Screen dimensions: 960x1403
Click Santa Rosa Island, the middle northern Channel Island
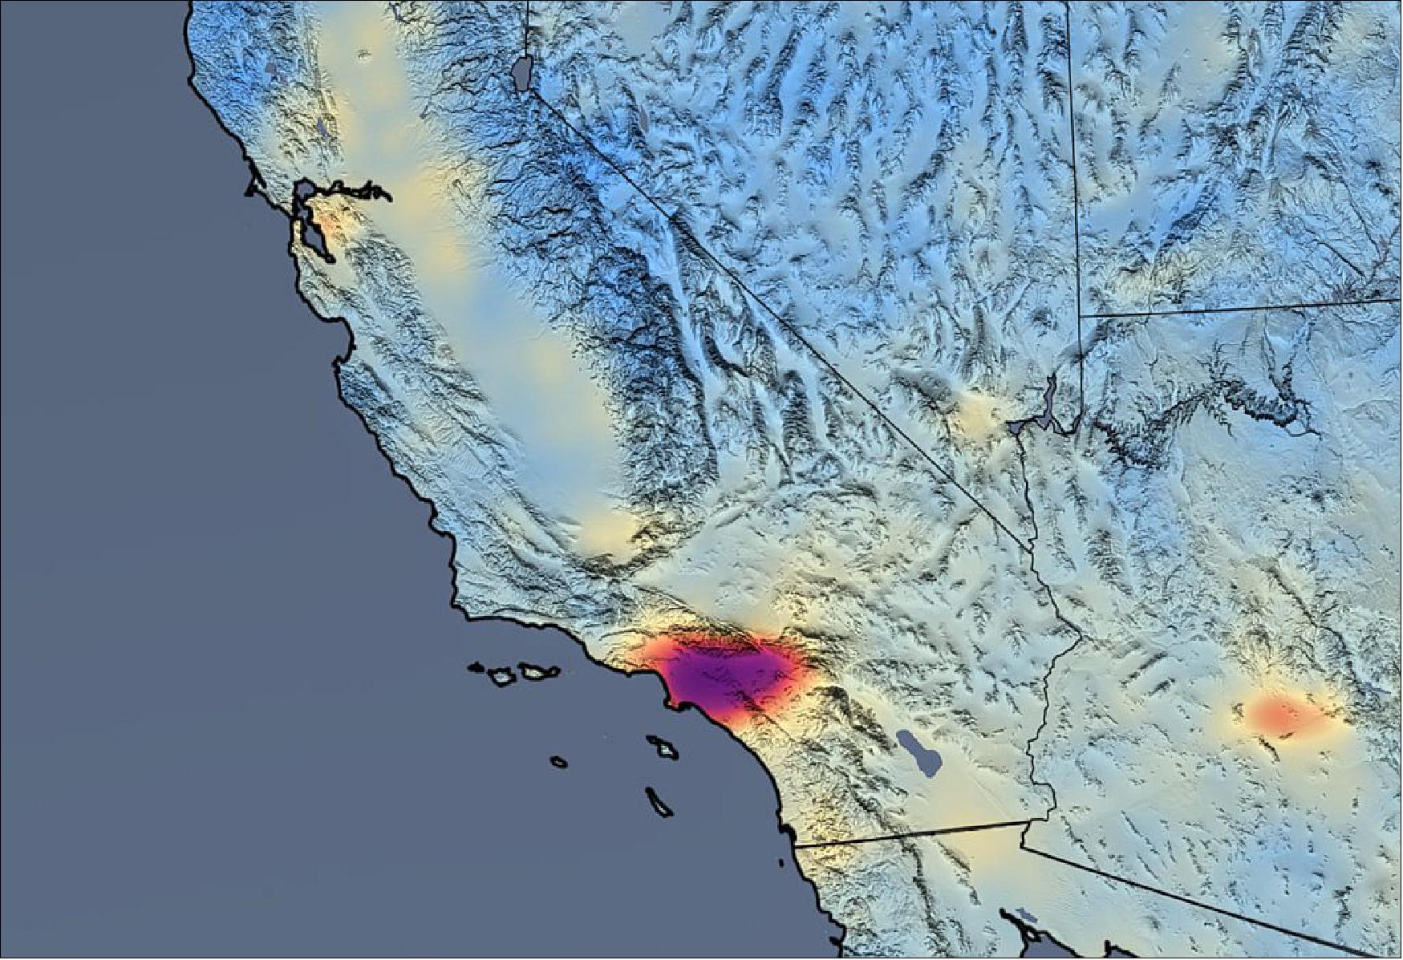[x=503, y=676]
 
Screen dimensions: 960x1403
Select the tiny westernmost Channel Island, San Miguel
[x=476, y=666]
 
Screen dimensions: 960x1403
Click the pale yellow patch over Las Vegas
[x=979, y=413]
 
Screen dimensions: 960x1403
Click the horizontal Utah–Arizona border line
[x=1243, y=309]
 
